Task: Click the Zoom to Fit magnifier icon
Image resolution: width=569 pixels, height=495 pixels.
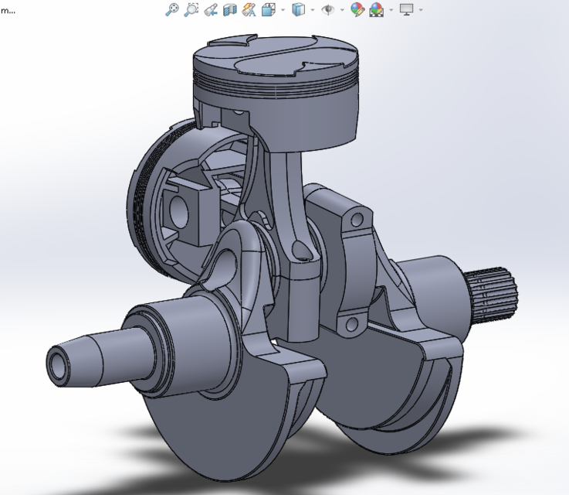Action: tap(173, 10)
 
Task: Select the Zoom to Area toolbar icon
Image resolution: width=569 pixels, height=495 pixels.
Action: tap(191, 10)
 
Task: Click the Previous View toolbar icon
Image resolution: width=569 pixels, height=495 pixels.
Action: tap(210, 10)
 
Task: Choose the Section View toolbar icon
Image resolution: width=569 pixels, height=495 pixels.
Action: tap(229, 10)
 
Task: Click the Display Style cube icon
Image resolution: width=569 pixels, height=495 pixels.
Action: tap(298, 10)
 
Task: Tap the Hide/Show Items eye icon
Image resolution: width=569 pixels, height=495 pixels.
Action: tap(327, 10)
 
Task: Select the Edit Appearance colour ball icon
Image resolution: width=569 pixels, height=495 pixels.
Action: tap(357, 10)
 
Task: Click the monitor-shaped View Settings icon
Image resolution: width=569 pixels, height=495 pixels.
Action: tap(406, 10)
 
